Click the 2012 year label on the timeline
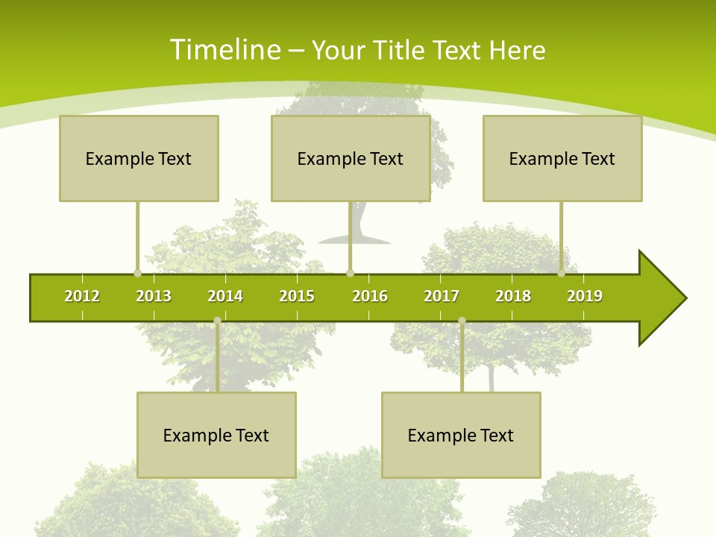coord(82,296)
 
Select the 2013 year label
coord(154,296)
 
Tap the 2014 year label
coord(225,296)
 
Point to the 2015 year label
coord(297,296)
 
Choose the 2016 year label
coord(370,296)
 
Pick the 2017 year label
coord(442,296)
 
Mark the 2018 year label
coord(513,296)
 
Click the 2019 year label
coord(585,296)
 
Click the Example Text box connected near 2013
coord(139,158)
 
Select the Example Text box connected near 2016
coord(351,158)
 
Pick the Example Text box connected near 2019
coord(562,158)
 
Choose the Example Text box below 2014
coord(216,435)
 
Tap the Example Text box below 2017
coord(461,435)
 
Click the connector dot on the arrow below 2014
coord(217,321)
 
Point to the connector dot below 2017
coord(462,321)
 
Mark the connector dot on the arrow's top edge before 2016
coord(350,273)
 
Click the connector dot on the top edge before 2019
coord(561,273)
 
